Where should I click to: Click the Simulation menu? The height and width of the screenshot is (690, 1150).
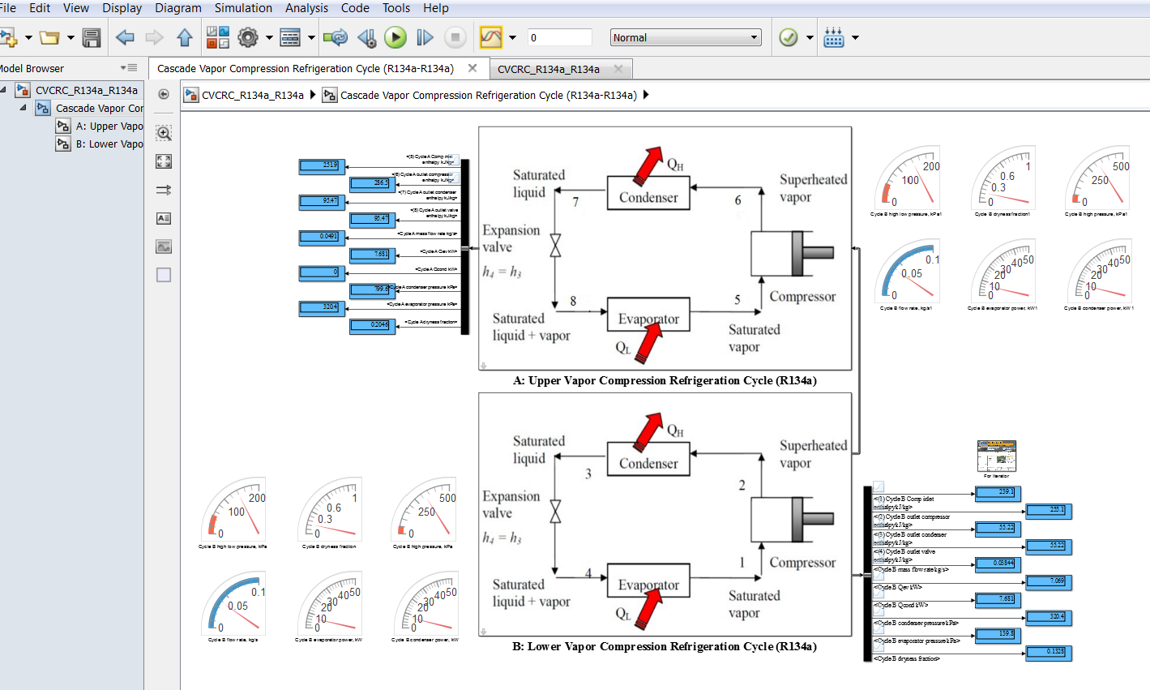coord(243,8)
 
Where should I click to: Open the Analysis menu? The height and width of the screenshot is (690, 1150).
coord(306,8)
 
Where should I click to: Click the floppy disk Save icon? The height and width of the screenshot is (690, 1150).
coord(92,38)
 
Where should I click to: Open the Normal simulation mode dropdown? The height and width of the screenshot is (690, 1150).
coord(686,38)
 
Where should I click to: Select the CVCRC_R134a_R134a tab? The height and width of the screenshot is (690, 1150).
coord(549,69)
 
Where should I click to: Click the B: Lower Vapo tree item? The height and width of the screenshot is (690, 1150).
coord(109,144)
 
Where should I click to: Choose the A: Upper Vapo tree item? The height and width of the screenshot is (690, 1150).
coord(109,126)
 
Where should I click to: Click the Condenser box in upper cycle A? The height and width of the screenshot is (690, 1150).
coord(648,197)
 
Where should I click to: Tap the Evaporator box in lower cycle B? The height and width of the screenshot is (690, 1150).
coord(648,585)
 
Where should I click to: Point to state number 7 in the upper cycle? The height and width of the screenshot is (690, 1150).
coord(575,202)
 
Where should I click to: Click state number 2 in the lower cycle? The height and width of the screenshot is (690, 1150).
coord(742,485)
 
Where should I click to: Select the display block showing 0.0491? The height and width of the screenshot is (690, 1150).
coord(323,237)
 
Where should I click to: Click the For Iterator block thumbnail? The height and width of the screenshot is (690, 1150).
coord(996,456)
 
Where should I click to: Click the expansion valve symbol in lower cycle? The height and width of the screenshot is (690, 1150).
coord(555,512)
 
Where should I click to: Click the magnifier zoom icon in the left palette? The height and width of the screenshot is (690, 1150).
coord(164,133)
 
